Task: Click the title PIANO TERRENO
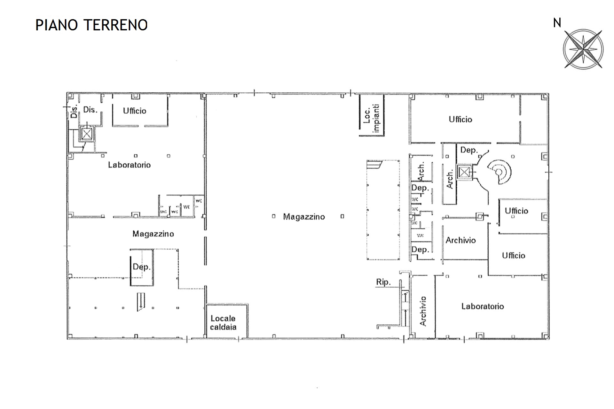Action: click(91, 25)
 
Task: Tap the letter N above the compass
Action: click(557, 23)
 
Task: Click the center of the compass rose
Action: click(583, 49)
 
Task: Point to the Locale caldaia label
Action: click(223, 323)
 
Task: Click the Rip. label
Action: click(383, 282)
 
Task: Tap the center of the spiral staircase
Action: click(499, 173)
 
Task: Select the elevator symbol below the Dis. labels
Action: click(86, 134)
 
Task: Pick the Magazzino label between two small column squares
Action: click(304, 217)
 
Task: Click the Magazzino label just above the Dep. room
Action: click(153, 234)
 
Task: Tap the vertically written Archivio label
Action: click(423, 311)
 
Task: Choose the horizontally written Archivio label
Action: click(461, 240)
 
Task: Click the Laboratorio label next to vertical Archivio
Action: click(483, 306)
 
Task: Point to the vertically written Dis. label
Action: click(74, 112)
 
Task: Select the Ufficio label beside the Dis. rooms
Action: click(135, 111)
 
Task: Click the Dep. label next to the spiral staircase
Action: click(469, 150)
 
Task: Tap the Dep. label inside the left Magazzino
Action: click(142, 267)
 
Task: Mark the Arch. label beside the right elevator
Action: click(450, 180)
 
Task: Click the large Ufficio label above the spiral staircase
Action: click(460, 119)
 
